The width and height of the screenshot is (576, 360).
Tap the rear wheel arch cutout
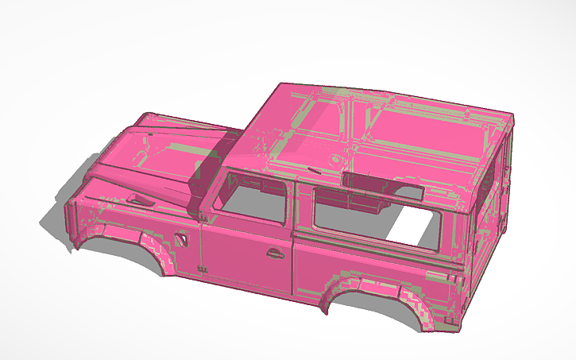pyautogui.click(x=373, y=307)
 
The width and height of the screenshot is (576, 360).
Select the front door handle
pyautogui.click(x=275, y=254)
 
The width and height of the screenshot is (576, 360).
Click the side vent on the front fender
pyautogui.click(x=180, y=238)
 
